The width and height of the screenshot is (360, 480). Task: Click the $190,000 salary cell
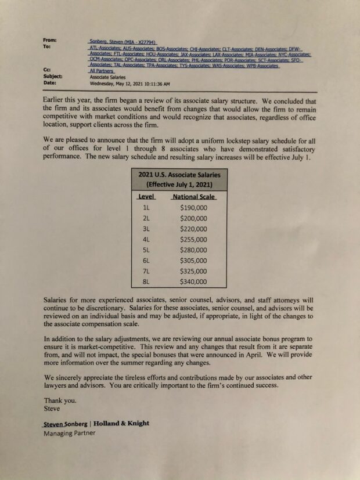(193, 207)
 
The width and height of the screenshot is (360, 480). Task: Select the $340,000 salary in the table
(193, 281)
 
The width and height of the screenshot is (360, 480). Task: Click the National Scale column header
(194, 197)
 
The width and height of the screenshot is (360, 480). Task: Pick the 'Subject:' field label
(53, 77)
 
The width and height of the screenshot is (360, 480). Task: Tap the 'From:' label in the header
(50, 40)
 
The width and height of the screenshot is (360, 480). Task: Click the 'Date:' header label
(50, 83)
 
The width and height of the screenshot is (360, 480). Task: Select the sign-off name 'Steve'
(52, 408)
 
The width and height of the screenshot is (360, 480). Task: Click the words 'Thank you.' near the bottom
(59, 400)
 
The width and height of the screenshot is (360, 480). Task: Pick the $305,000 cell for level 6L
(193, 261)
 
